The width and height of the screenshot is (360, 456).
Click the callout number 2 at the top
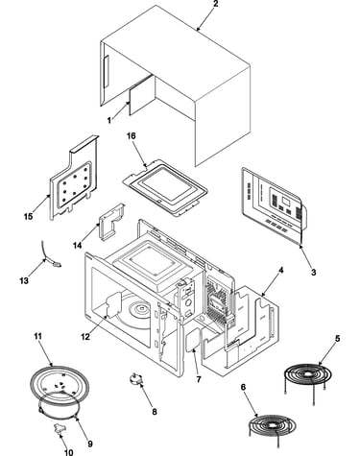pyautogui.click(x=215, y=4)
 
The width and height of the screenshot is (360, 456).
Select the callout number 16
pyautogui.click(x=132, y=136)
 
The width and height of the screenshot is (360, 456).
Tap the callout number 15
pyautogui.click(x=28, y=217)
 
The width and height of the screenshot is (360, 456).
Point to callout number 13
pyautogui.click(x=24, y=280)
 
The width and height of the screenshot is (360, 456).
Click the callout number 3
pyautogui.click(x=313, y=273)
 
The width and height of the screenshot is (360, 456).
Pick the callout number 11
pyautogui.click(x=38, y=336)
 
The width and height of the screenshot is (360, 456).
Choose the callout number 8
pyautogui.click(x=155, y=412)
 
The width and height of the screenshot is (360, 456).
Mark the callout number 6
pyautogui.click(x=243, y=387)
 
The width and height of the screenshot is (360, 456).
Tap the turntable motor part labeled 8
pyautogui.click(x=135, y=378)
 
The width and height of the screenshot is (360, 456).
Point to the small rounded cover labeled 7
pyautogui.click(x=193, y=341)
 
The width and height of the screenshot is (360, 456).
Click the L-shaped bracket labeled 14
pyautogui.click(x=111, y=222)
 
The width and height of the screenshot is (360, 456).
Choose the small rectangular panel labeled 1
pyautogui.click(x=142, y=95)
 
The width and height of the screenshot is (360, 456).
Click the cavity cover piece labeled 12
pyautogui.click(x=112, y=304)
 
